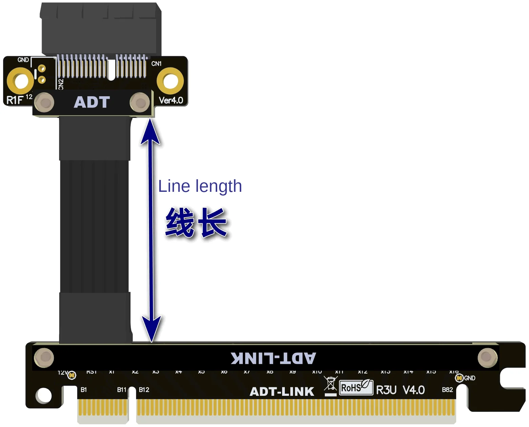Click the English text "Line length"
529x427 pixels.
tap(200, 186)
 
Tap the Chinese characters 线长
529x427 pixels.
tap(196, 222)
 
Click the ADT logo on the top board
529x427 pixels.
tap(92, 102)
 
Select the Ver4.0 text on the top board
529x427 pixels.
tap(171, 100)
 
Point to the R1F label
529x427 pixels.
tap(15, 100)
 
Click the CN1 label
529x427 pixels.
tap(156, 64)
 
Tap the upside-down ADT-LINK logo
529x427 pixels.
tap(273, 358)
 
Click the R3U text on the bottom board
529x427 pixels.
tap(386, 390)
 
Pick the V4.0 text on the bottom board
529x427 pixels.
tap(414, 390)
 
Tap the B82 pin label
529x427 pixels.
tap(447, 390)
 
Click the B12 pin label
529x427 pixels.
tap(144, 390)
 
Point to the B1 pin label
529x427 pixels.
tap(84, 390)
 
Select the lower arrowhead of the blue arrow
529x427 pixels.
tap(151, 329)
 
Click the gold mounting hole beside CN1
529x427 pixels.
tap(170, 81)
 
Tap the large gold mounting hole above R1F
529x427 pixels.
tap(20, 81)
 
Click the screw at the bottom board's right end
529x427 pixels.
tap(487, 357)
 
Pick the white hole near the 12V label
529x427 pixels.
tap(44, 395)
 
